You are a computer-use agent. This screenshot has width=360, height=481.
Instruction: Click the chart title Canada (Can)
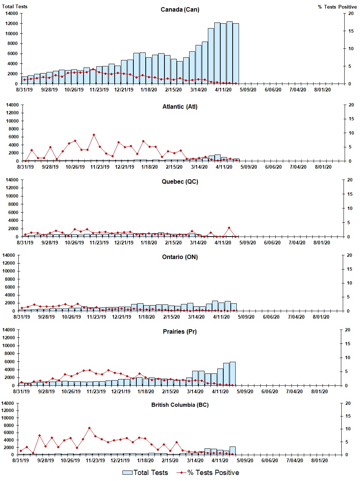[180, 9]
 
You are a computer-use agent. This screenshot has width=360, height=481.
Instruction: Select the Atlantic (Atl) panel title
[180, 107]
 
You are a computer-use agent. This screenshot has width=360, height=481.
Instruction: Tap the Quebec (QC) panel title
[180, 182]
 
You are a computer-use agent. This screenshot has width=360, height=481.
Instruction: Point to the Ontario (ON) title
[180, 257]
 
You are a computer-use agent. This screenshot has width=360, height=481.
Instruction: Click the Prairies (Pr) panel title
[180, 332]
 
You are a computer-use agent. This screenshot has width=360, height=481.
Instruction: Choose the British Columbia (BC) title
[180, 405]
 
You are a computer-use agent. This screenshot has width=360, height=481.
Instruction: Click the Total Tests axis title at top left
[15, 6]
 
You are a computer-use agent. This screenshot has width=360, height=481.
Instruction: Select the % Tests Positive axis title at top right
[337, 7]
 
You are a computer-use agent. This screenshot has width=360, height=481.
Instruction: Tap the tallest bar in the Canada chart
[230, 52]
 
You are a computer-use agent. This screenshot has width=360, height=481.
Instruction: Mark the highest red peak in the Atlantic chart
[94, 135]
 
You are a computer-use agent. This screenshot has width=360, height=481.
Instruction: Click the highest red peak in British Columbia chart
[89, 428]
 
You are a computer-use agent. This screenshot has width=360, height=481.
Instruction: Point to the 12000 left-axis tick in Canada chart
[11, 24]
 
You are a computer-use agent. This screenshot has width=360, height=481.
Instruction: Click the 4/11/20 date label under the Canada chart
[223, 90]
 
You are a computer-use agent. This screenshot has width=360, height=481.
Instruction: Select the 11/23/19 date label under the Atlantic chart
[100, 167]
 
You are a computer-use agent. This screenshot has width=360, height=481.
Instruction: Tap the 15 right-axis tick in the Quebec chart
[350, 194]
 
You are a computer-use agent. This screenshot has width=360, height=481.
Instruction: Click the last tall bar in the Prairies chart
[232, 373]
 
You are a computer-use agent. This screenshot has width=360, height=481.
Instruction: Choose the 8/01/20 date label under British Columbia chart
[320, 460]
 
